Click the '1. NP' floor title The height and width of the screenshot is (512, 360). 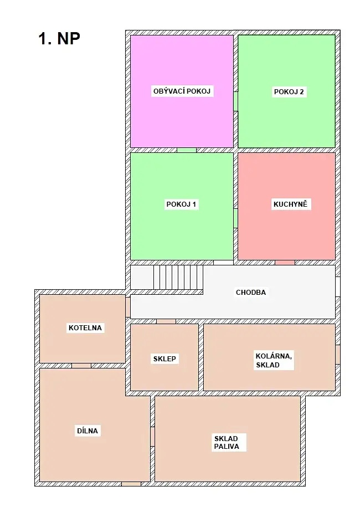[x=59, y=39]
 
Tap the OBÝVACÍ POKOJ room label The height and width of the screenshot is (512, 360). [x=182, y=91]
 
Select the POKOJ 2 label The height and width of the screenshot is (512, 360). [x=289, y=92]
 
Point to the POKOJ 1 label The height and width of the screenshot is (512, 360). [x=181, y=204]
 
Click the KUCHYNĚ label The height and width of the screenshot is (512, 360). [x=290, y=204]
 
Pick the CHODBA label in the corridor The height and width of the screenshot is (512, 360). [x=251, y=292]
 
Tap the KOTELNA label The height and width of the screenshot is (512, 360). [x=85, y=327]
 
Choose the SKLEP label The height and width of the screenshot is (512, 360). [x=164, y=359]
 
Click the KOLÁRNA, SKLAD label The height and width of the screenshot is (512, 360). [x=274, y=360]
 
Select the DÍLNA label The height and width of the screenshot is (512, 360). [x=88, y=431]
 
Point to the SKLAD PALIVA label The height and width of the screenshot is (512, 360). [x=227, y=442]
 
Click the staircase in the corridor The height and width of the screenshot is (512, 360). [x=178, y=277]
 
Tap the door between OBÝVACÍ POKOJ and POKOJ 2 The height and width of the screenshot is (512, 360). [x=235, y=101]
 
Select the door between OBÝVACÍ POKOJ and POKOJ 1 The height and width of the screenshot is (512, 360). [x=187, y=150]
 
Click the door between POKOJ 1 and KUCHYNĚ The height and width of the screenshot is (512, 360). [x=235, y=218]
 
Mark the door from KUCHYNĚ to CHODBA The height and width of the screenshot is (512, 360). [x=285, y=263]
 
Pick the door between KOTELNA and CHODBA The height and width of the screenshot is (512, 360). [x=128, y=307]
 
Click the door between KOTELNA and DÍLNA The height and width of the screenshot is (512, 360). [x=81, y=366]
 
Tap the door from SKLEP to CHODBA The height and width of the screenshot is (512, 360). [x=166, y=321]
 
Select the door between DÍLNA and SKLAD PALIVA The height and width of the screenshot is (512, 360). [x=152, y=437]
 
